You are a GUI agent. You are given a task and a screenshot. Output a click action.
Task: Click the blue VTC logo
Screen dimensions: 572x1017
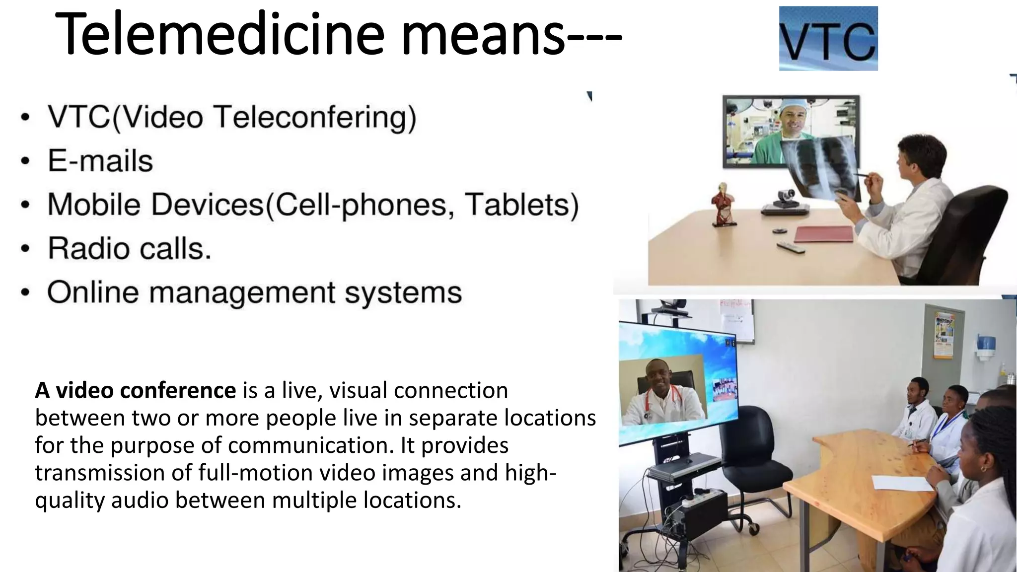pos(828,38)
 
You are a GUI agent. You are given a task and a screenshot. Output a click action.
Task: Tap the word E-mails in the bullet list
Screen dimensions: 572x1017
pos(100,161)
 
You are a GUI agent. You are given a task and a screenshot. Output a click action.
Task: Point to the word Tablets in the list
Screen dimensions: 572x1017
pos(521,205)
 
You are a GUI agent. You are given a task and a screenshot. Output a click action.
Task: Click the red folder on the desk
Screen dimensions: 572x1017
pos(824,233)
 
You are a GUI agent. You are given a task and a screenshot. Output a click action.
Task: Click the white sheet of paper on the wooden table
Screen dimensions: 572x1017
pos(903,483)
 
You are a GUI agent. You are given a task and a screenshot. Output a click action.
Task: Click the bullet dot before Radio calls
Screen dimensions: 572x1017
pos(25,249)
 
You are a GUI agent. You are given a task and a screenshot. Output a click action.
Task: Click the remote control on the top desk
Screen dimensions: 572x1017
pos(791,247)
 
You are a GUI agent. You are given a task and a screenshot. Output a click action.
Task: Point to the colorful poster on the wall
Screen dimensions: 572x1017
pos(944,335)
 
